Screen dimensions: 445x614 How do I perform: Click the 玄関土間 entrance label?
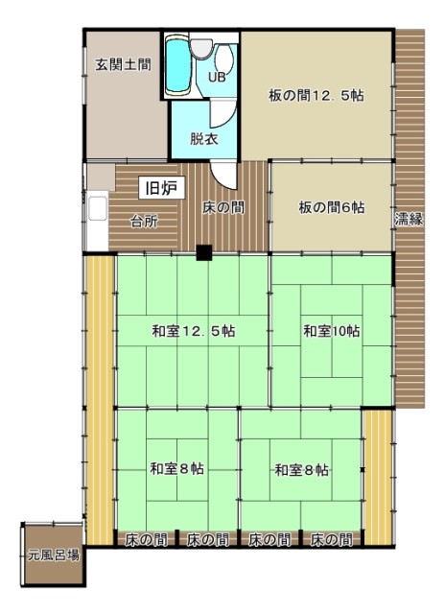[124, 64]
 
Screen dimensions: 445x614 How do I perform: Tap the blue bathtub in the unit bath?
[178, 66]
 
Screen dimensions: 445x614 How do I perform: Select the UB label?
[217, 78]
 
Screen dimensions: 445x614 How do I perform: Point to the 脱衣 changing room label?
[204, 139]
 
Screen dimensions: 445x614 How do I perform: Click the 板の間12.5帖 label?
[316, 96]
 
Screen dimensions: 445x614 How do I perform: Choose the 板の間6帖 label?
[332, 207]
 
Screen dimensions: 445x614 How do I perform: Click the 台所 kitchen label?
[144, 222]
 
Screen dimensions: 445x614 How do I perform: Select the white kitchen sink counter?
[98, 221]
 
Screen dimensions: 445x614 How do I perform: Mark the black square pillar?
[204, 252]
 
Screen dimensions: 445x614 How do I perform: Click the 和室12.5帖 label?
[194, 331]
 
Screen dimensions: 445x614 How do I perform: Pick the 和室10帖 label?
[332, 331]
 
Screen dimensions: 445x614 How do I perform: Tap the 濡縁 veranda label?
[409, 219]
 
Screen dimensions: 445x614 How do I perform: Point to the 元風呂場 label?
[54, 555]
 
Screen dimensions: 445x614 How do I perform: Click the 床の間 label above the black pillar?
[223, 207]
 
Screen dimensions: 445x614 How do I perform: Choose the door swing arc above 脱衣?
[223, 113]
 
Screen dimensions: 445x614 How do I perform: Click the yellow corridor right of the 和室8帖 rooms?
[378, 477]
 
